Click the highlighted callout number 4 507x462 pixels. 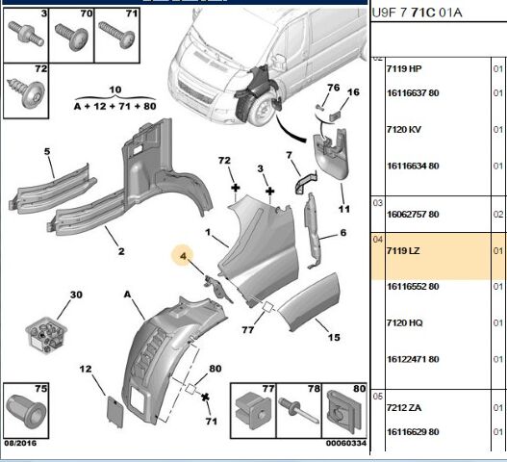point(184,256)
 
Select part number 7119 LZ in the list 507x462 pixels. point(403,251)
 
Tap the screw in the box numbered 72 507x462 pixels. point(26,93)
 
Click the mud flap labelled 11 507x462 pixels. point(331,155)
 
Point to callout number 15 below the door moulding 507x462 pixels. point(334,338)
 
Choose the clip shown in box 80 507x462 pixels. point(343,410)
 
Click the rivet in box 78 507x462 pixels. point(299,410)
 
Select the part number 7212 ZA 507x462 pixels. point(404,408)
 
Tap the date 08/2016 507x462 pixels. point(20,443)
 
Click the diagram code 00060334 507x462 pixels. point(346,443)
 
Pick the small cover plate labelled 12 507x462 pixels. point(115,412)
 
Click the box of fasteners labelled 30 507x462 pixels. point(46,335)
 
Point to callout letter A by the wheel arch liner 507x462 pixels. point(128,295)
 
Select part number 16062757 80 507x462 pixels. point(413,215)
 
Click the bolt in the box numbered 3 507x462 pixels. point(26,34)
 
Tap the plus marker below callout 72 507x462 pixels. point(236,188)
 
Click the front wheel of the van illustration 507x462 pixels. point(261,110)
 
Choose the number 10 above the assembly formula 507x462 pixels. point(115,90)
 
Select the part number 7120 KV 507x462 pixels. point(404,129)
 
